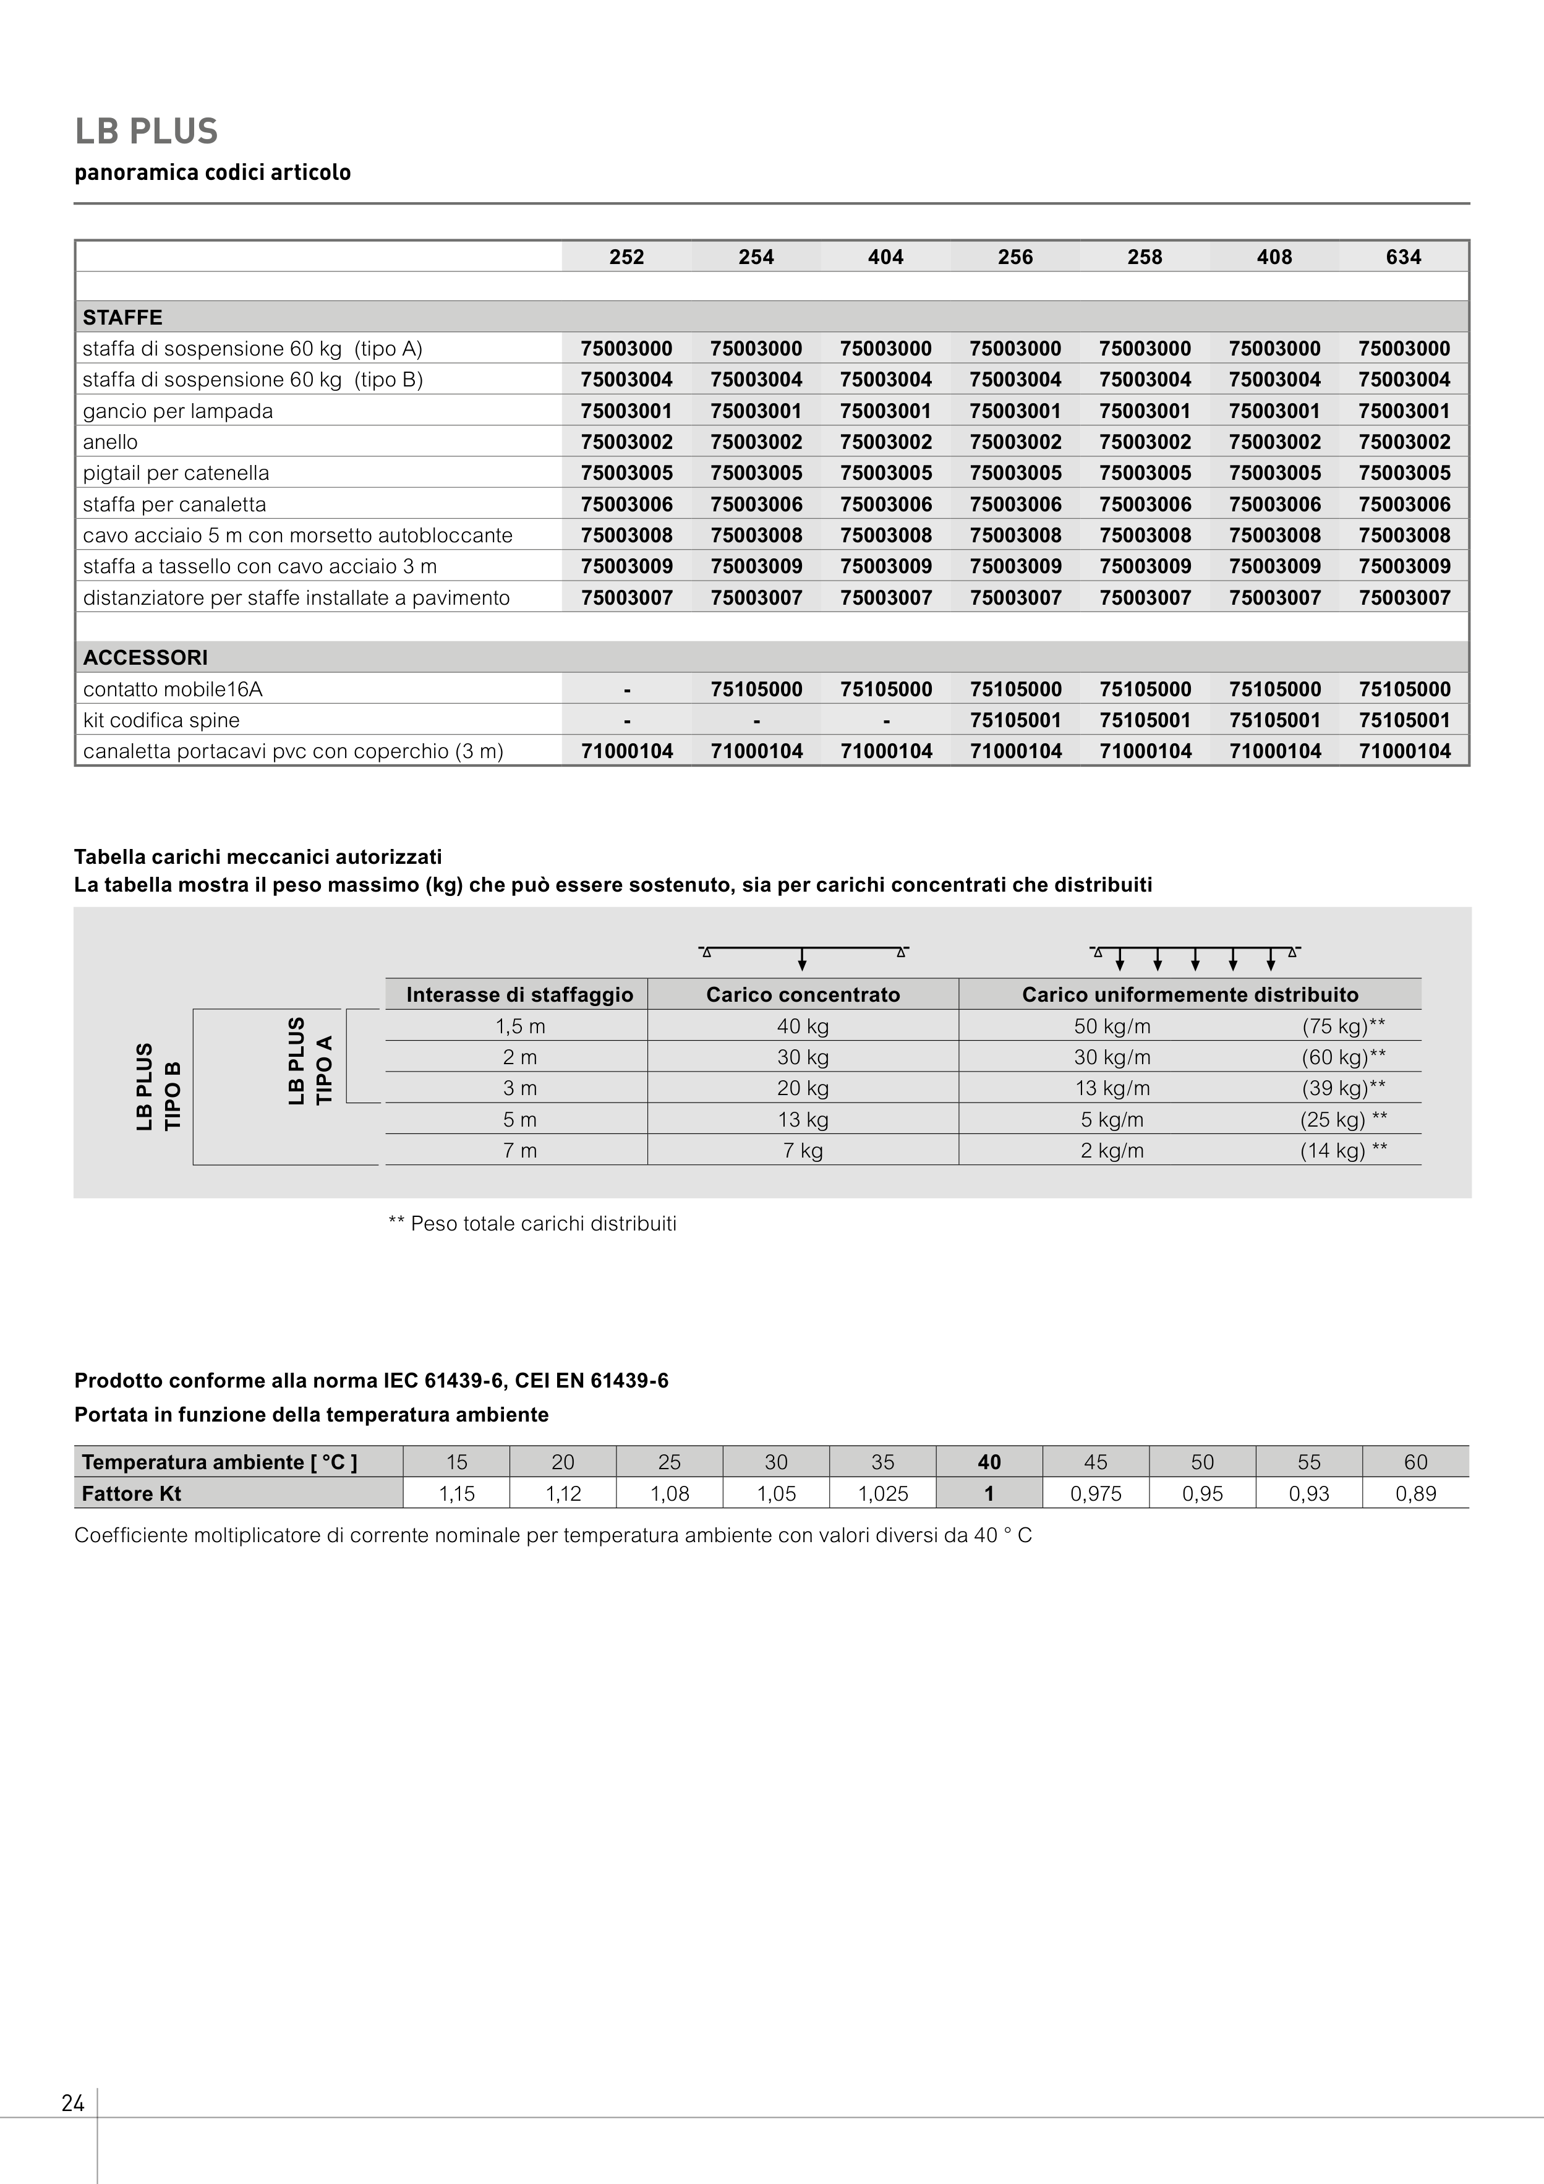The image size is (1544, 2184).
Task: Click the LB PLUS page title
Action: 147,131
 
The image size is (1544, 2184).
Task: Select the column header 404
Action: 885,257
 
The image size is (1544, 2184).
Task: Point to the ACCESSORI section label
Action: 145,657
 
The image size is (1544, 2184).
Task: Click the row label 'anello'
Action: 110,442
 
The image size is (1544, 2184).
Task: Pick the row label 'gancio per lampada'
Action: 178,411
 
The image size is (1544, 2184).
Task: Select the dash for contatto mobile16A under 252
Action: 627,689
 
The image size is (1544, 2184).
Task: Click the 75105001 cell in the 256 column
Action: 1015,720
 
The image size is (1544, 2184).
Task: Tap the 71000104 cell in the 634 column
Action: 1404,751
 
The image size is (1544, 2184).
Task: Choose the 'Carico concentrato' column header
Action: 803,995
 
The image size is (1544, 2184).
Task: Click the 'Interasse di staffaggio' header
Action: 519,995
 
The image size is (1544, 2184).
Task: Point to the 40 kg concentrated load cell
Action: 803,1026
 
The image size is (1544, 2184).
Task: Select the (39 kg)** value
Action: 1343,1088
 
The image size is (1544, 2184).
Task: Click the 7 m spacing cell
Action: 519,1151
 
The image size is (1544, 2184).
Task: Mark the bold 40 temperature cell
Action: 989,1462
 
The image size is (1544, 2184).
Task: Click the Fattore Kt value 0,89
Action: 1415,1493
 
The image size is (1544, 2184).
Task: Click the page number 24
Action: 73,2103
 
